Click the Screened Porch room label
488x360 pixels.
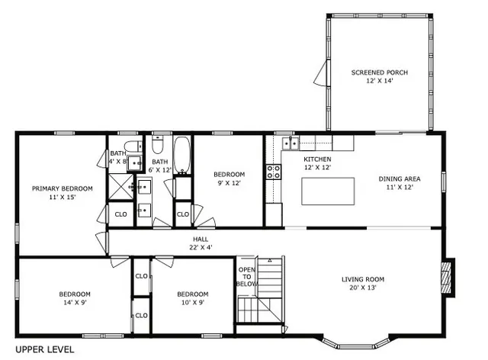[x=379, y=76]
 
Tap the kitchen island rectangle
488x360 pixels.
[x=328, y=191]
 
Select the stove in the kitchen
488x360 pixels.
[x=273, y=172]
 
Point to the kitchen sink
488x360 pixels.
[x=290, y=143]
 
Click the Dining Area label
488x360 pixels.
[x=400, y=184]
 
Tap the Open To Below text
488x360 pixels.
[x=246, y=276]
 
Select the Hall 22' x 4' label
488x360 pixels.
[x=201, y=243]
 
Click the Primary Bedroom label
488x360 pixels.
[x=62, y=192]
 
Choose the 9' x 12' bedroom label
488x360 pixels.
[x=229, y=178]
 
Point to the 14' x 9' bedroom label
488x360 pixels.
[x=75, y=298]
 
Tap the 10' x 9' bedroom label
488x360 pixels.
[x=192, y=298]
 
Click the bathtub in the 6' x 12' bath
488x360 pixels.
[x=183, y=156]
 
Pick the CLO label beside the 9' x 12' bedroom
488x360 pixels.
[x=183, y=214]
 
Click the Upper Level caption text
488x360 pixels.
[x=44, y=349]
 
